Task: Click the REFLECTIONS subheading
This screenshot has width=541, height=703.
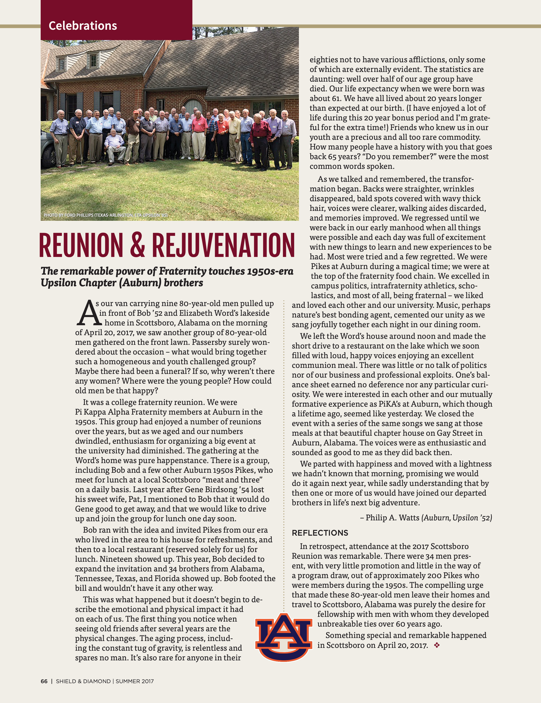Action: (x=320, y=533)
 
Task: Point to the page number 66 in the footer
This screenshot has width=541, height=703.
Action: (x=44, y=681)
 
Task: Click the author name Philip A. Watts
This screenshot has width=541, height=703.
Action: (x=392, y=518)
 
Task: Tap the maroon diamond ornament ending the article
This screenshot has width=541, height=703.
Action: (x=436, y=645)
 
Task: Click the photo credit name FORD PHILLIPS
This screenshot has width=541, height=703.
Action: (x=79, y=215)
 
